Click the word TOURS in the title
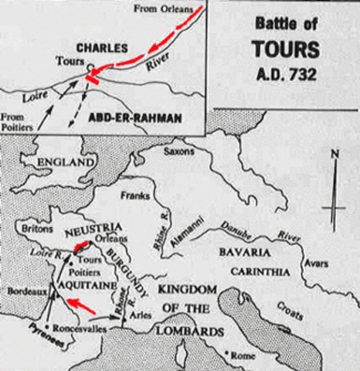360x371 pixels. coord(284,50)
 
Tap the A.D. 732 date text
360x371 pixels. coord(284,76)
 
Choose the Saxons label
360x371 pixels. coord(178,151)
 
